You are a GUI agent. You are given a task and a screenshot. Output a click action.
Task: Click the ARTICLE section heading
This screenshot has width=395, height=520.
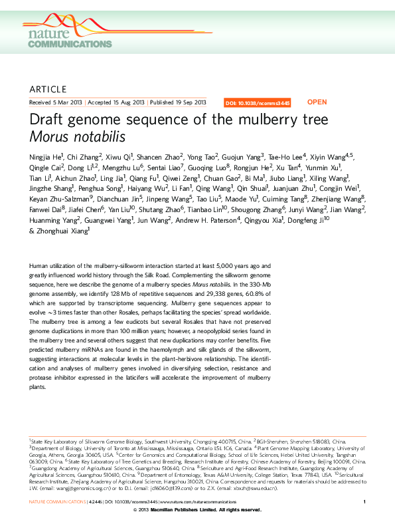point(48,89)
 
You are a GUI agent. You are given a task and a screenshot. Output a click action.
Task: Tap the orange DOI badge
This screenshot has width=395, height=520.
point(258,103)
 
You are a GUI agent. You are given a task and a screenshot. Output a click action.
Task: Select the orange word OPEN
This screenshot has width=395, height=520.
point(317,102)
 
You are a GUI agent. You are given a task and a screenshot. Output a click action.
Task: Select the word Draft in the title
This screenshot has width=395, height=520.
point(46,120)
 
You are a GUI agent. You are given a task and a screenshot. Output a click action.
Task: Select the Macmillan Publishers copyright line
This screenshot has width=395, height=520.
point(197,509)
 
